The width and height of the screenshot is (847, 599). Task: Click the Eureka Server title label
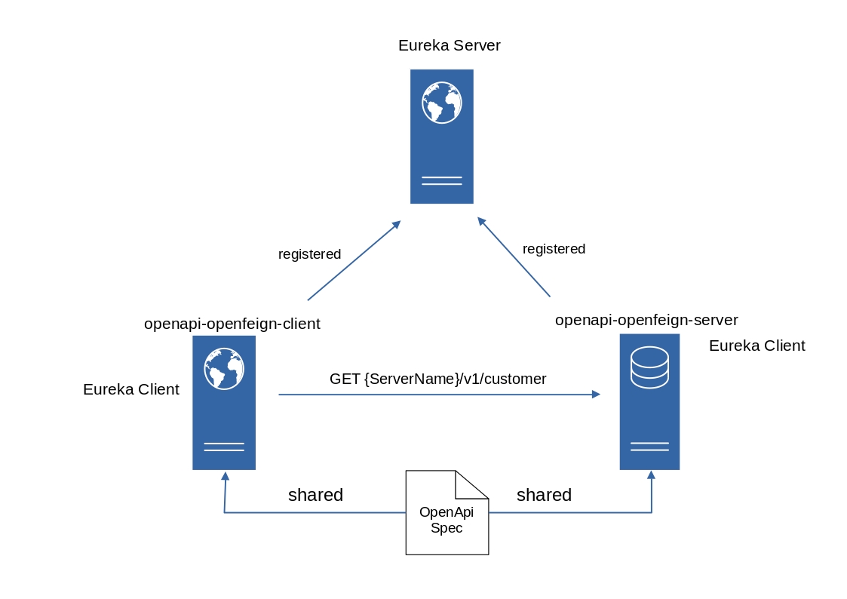pos(449,45)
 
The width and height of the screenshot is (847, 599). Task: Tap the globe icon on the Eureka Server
pos(442,103)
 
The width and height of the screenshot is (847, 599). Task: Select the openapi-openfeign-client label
pos(232,324)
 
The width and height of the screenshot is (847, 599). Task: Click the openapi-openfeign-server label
pos(646,320)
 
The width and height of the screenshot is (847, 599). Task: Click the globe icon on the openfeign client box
pos(224,368)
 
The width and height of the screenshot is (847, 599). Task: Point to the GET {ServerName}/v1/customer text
pos(437,379)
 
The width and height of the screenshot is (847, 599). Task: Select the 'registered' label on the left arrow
pos(309,254)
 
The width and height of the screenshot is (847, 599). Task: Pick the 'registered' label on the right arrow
pos(554,249)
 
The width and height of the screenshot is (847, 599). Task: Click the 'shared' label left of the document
pos(315,495)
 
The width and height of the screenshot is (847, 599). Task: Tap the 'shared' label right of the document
pos(544,495)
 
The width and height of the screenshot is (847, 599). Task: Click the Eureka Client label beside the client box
pos(131,389)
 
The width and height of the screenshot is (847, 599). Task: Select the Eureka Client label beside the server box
pos(756,346)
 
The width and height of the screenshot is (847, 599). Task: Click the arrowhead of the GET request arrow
pos(596,395)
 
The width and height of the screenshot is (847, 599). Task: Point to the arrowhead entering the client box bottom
pos(224,476)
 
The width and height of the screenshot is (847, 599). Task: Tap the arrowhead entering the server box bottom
pos(652,475)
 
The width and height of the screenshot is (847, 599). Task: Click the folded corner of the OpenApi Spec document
pos(471,485)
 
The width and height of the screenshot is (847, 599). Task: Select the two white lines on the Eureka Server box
pos(442,180)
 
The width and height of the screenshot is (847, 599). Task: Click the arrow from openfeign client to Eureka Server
pos(353,261)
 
